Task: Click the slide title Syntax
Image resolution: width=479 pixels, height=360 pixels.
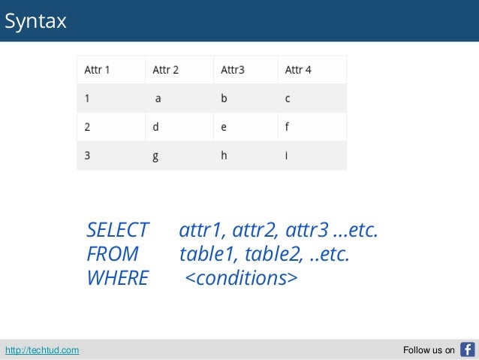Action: [x=35, y=22]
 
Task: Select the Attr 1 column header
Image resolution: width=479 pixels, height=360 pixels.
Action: [x=97, y=70]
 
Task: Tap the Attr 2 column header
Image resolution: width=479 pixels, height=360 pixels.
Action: [x=165, y=70]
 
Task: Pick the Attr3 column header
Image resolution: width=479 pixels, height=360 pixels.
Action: [x=233, y=70]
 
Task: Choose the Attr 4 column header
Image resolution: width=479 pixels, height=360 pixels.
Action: [x=298, y=70]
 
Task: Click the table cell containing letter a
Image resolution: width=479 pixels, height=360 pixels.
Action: [x=158, y=98]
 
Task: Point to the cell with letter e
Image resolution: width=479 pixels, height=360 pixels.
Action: [x=224, y=127]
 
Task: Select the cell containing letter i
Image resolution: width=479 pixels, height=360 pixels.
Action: [x=287, y=156]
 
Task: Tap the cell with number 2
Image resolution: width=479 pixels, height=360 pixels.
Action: [x=88, y=127]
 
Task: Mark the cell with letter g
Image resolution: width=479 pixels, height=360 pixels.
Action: [x=155, y=156]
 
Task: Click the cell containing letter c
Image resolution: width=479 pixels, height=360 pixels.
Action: [x=288, y=98]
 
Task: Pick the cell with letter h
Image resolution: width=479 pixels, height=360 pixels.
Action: [x=224, y=156]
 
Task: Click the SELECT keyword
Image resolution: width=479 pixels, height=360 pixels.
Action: [x=117, y=229]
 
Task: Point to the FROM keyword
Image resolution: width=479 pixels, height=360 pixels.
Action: [x=112, y=254]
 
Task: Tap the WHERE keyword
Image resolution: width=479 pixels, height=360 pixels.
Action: [x=117, y=278]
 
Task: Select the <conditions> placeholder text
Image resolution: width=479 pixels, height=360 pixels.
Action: [x=240, y=278]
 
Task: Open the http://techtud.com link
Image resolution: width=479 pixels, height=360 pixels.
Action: [x=42, y=350]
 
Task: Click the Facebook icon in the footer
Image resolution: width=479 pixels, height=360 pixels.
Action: [x=467, y=349]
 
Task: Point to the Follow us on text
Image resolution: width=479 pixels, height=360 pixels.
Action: [x=429, y=350]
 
